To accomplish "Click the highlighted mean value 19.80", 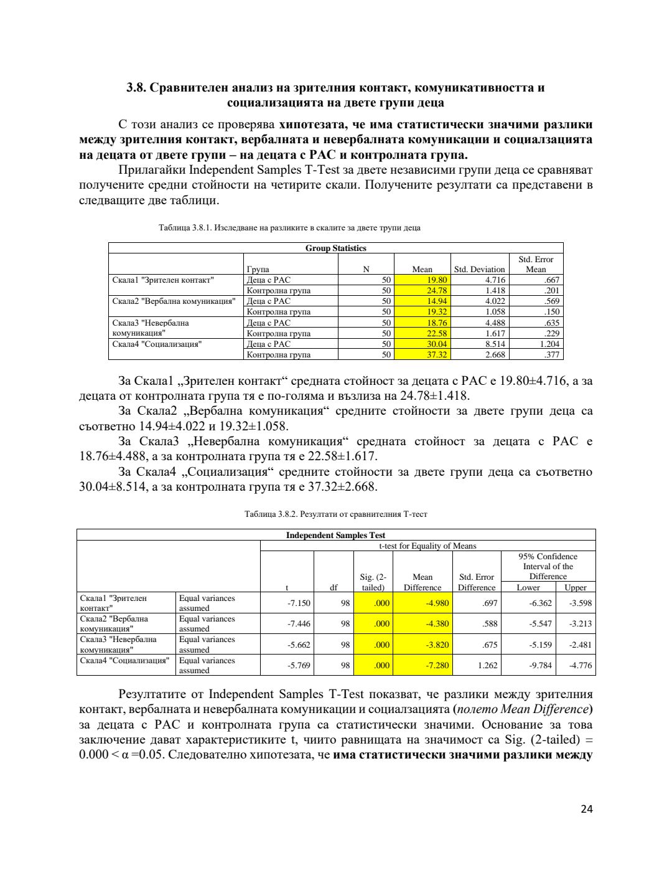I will [437, 280].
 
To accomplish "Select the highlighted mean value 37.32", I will [437, 354].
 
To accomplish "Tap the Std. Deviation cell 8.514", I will [495, 344].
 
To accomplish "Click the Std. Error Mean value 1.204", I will [549, 344].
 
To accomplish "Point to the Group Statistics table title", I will [335, 248].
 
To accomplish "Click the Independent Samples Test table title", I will [335, 535].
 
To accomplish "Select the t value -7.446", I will [299, 623].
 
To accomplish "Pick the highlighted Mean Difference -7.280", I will [437, 665].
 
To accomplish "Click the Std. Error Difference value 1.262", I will [487, 665].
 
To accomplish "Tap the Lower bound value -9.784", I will [540, 665].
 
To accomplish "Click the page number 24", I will [586, 809].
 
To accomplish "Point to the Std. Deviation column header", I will [479, 270].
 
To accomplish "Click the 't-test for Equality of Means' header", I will [427, 546].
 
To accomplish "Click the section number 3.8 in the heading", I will [136, 88].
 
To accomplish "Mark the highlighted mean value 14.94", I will [437, 301].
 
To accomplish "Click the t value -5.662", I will [299, 645].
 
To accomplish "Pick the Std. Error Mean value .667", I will [551, 280].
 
